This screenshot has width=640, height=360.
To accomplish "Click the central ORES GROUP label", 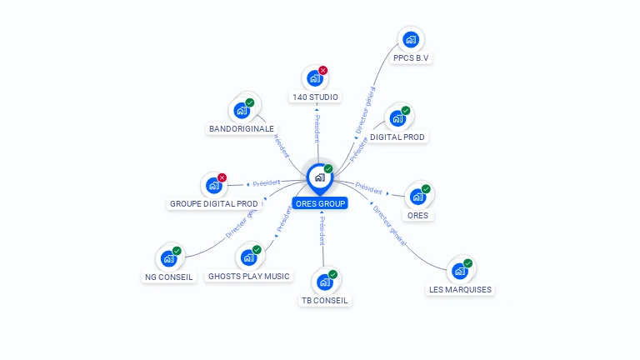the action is (320, 203).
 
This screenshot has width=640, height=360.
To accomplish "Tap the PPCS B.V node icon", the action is (410, 39).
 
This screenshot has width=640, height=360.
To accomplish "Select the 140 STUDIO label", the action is (315, 97).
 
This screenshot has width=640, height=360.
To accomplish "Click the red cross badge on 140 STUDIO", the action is (322, 71).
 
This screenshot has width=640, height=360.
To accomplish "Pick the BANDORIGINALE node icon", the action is (242, 110).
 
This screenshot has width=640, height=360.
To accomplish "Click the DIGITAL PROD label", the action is (397, 137).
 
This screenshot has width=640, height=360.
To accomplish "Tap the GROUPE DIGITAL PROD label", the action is (214, 203).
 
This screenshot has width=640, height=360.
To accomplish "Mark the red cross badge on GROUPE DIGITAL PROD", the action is (222, 177).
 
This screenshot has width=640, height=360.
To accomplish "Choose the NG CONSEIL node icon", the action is (169, 257).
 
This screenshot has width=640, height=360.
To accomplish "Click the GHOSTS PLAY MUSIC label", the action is (249, 276).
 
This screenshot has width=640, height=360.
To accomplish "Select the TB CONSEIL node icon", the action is (325, 282).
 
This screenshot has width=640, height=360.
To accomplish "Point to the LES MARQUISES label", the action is (460, 289).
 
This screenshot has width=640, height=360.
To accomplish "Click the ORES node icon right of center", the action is (417, 197).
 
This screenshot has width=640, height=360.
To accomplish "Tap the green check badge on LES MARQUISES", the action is (467, 263).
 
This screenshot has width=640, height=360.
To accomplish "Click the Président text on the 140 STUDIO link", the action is (317, 128).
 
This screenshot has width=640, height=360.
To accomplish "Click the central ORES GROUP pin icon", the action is (320, 177).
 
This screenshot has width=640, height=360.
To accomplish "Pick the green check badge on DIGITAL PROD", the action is (406, 111).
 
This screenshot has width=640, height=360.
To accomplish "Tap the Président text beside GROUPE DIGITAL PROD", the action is (266, 182).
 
